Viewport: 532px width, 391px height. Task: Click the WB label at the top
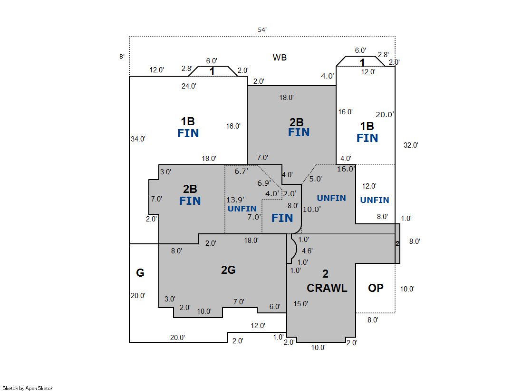pyautogui.click(x=280, y=58)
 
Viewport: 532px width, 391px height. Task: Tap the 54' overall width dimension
pyautogui.click(x=262, y=30)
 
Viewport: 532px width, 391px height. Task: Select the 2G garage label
pyautogui.click(x=228, y=270)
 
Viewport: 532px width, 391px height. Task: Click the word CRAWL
pyautogui.click(x=327, y=288)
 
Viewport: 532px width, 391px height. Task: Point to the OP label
pyautogui.click(x=376, y=288)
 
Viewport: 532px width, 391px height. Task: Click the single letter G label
pyautogui.click(x=140, y=273)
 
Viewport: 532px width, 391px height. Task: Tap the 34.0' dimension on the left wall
pyautogui.click(x=138, y=139)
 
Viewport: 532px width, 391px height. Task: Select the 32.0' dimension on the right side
pyautogui.click(x=411, y=145)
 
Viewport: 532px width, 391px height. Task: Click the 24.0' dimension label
pyautogui.click(x=189, y=86)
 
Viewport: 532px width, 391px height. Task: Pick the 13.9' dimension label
pyautogui.click(x=235, y=200)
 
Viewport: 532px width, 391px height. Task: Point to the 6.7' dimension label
pyautogui.click(x=242, y=171)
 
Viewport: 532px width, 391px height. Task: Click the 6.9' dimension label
pyautogui.click(x=264, y=183)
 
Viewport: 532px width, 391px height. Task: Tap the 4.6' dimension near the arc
pyautogui.click(x=308, y=251)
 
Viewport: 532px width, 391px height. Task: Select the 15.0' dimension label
pyautogui.click(x=300, y=304)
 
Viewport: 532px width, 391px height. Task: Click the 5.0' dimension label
pyautogui.click(x=316, y=179)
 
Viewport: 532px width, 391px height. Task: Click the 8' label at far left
pyautogui.click(x=122, y=57)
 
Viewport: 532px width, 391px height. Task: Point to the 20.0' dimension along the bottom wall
pyautogui.click(x=178, y=338)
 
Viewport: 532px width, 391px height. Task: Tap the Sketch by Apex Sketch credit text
pyautogui.click(x=28, y=388)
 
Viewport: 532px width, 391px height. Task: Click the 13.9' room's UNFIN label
pyautogui.click(x=242, y=209)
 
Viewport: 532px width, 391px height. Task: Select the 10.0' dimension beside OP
pyautogui.click(x=407, y=289)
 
